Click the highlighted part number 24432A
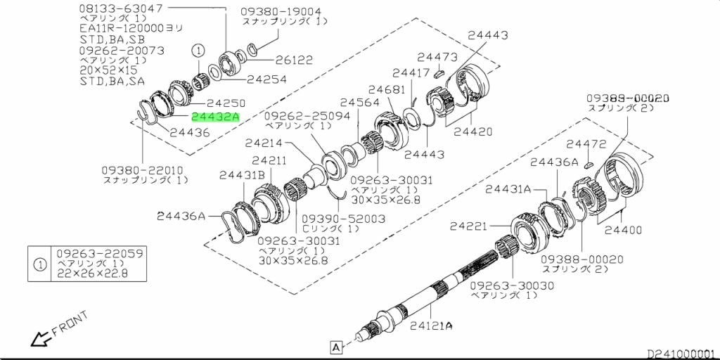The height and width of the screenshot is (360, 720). (x=215, y=117)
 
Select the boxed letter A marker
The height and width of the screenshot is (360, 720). (x=336, y=346)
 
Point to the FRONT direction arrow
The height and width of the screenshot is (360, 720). (x=40, y=339)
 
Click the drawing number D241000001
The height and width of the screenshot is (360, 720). (x=683, y=354)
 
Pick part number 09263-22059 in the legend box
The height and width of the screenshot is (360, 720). (x=100, y=253)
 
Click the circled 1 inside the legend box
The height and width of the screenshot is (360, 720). (x=40, y=264)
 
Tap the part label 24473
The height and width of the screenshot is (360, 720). (x=437, y=58)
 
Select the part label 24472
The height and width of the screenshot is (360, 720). (x=586, y=145)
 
